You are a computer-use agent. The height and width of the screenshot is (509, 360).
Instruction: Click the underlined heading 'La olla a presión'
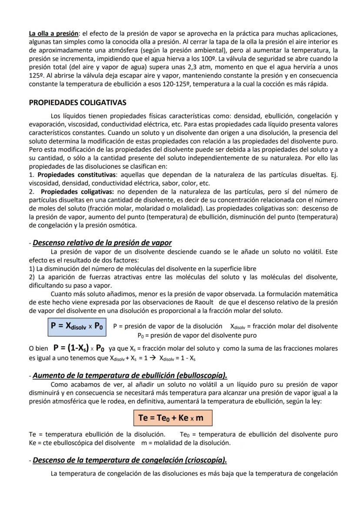(x=54, y=33)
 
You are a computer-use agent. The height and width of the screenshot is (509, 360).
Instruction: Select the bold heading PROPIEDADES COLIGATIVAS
(x=77, y=103)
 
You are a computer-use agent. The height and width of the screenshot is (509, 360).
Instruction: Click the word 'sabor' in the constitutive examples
(x=169, y=183)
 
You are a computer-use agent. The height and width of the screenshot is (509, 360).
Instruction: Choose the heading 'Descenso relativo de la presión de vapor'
(x=102, y=243)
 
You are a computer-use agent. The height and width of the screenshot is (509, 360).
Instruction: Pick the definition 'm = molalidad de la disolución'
(x=186, y=442)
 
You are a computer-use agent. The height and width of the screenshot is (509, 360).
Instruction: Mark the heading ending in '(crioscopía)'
(x=130, y=460)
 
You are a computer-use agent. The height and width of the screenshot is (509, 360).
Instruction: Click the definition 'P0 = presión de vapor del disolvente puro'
(x=197, y=335)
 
